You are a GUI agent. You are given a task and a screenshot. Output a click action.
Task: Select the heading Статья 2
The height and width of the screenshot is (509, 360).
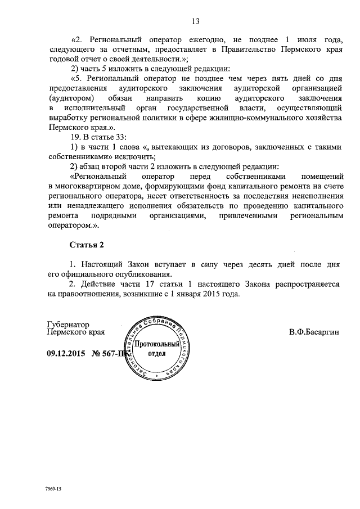(87, 245)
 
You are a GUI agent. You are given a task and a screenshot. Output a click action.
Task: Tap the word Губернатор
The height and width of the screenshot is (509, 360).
(67, 324)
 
